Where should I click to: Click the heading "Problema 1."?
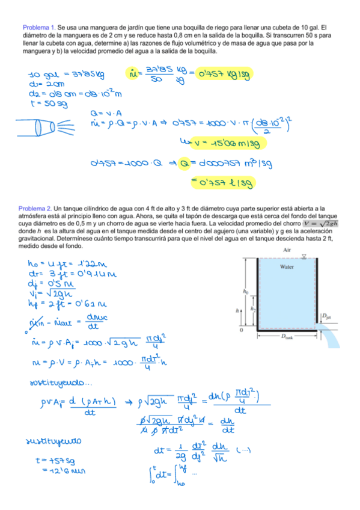pos(39,28)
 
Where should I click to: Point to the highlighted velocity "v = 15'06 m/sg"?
pos(230,144)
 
